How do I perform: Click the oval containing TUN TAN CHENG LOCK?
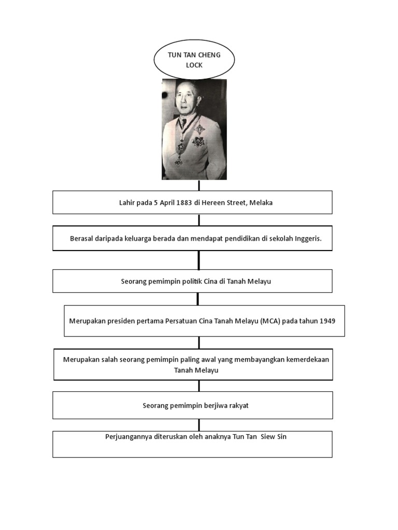point(194,60)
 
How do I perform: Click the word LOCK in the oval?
point(194,65)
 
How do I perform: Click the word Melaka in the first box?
point(261,203)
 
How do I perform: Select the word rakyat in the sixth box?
point(238,406)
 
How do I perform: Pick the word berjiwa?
point(212,406)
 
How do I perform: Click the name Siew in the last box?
point(268,437)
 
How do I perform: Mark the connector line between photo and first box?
point(199,185)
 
